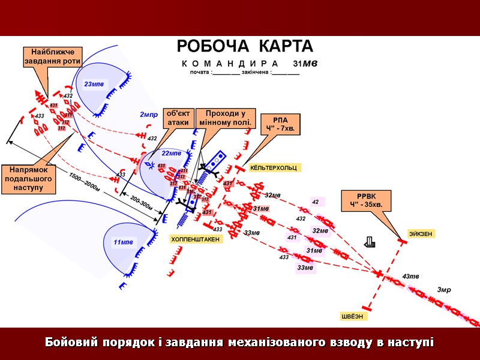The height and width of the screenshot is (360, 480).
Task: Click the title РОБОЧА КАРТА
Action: tap(244, 47)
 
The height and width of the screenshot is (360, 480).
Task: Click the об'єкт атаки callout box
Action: tap(178, 118)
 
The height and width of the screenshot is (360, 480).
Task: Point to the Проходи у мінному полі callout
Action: tap(227, 118)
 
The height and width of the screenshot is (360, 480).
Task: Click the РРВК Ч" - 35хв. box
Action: tap(366, 200)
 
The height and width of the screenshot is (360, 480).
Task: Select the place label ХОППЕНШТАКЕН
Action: tap(196, 239)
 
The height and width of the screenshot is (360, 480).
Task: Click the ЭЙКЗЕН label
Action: tap(421, 233)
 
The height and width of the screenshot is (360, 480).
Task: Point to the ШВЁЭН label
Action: tap(352, 316)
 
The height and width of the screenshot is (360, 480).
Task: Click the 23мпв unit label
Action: tap(94, 84)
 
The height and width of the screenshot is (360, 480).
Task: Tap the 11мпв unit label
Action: tap(124, 242)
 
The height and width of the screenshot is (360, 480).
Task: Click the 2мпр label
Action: tap(148, 114)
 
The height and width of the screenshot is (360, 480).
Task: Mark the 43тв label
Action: tap(410, 277)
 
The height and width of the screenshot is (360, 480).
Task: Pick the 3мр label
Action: tap(443, 290)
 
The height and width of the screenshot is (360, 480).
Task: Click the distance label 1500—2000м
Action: tap(84, 182)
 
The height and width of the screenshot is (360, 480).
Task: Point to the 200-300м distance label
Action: tap(141, 203)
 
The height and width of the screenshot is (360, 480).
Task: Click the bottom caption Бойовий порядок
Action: tap(239, 343)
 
